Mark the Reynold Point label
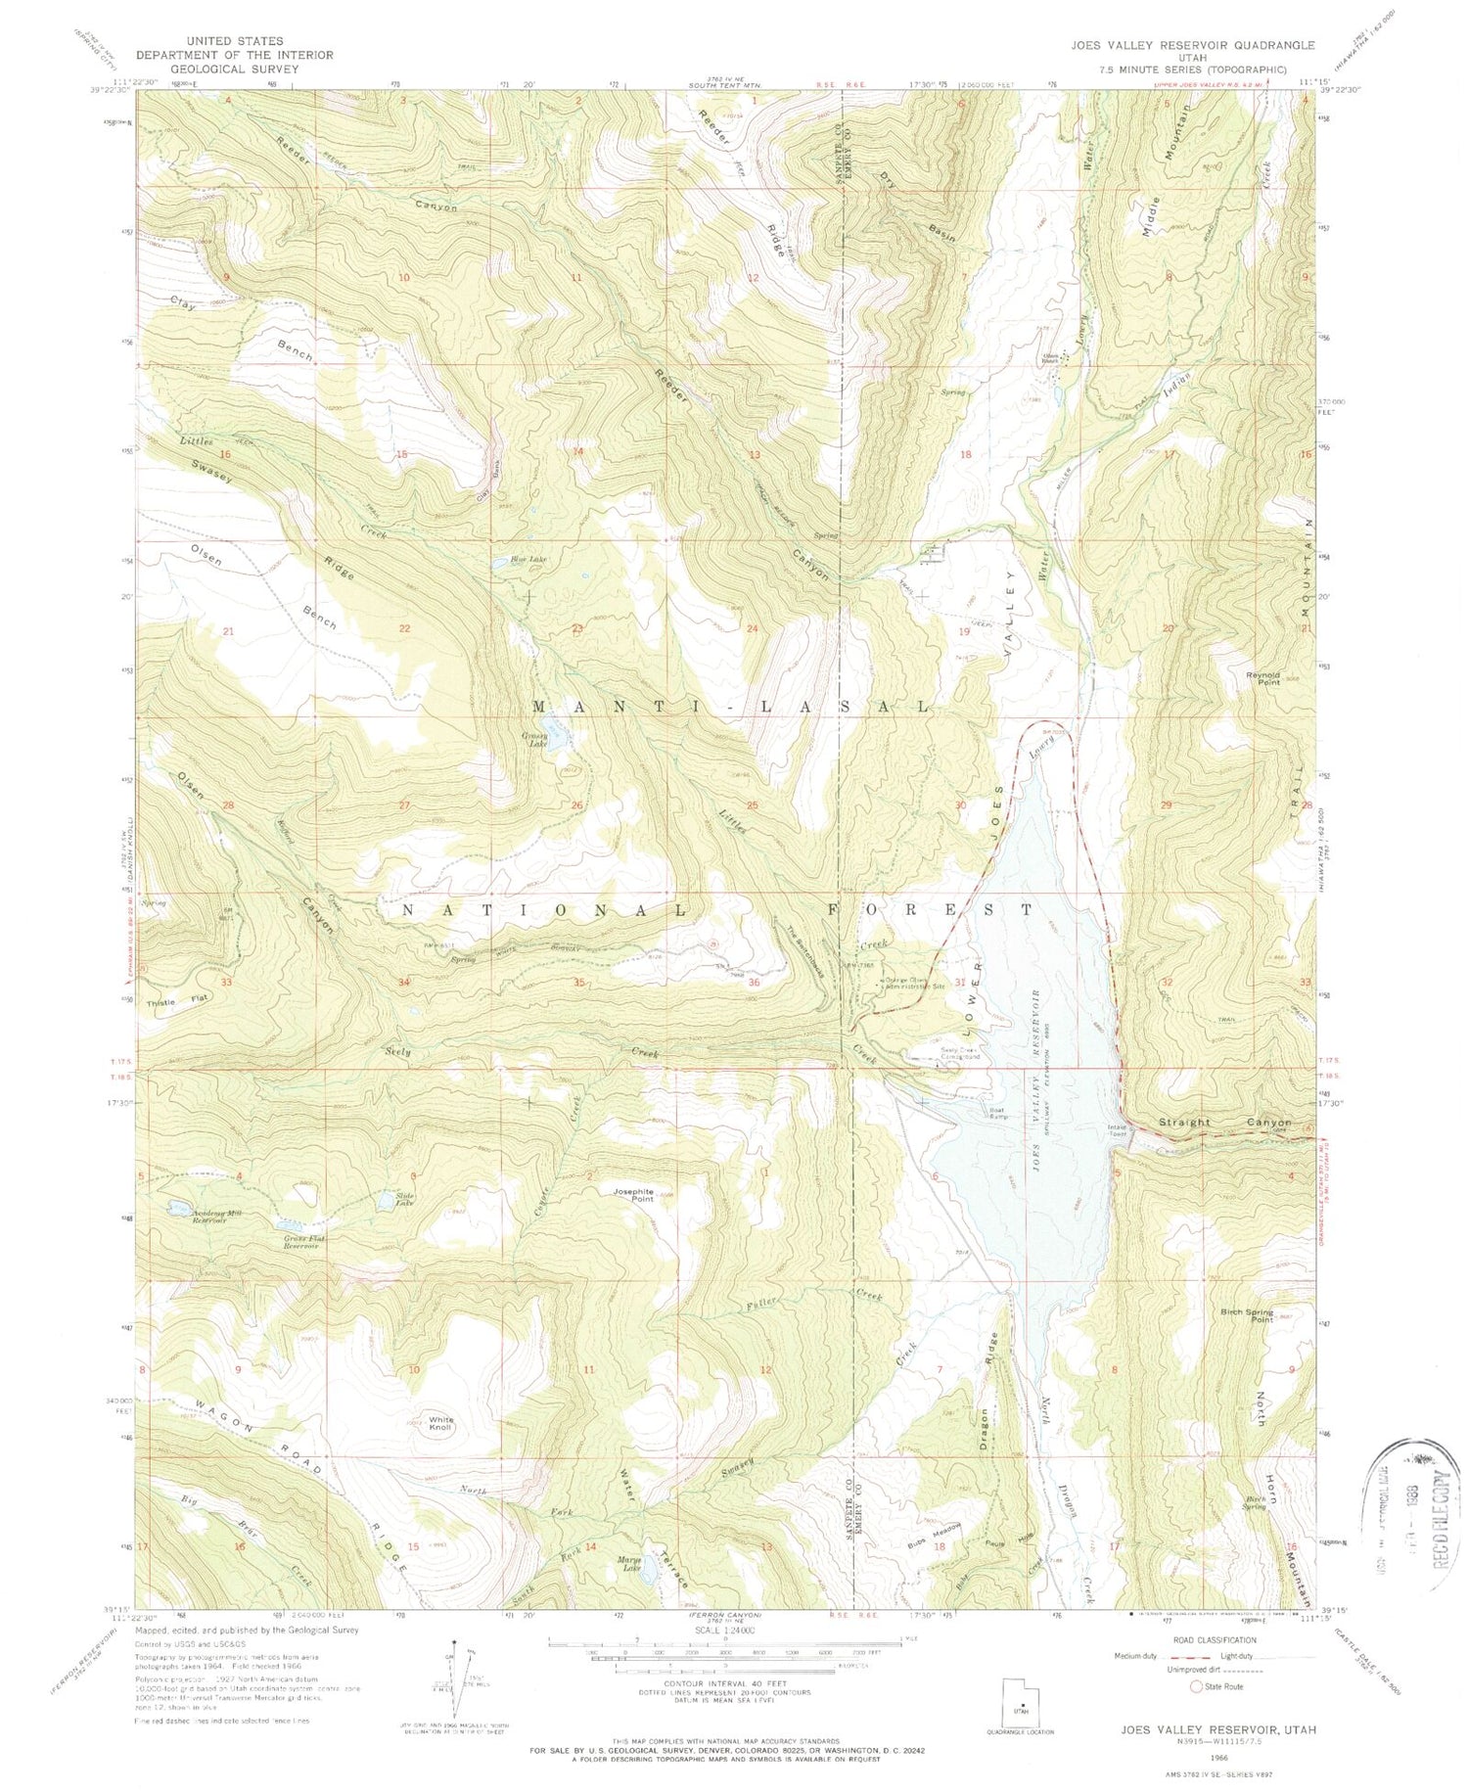pos(1262,677)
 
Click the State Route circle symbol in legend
pos(1196,1686)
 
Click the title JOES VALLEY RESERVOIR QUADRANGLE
pos(1192,45)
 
